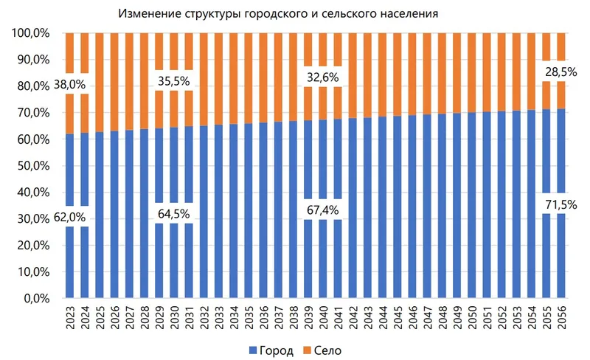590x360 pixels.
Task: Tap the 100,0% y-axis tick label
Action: [30, 33]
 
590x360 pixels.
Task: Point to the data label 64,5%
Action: [173, 213]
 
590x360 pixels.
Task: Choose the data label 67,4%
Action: [322, 210]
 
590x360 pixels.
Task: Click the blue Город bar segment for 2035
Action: [249, 214]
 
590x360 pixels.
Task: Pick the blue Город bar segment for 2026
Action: [114, 214]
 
